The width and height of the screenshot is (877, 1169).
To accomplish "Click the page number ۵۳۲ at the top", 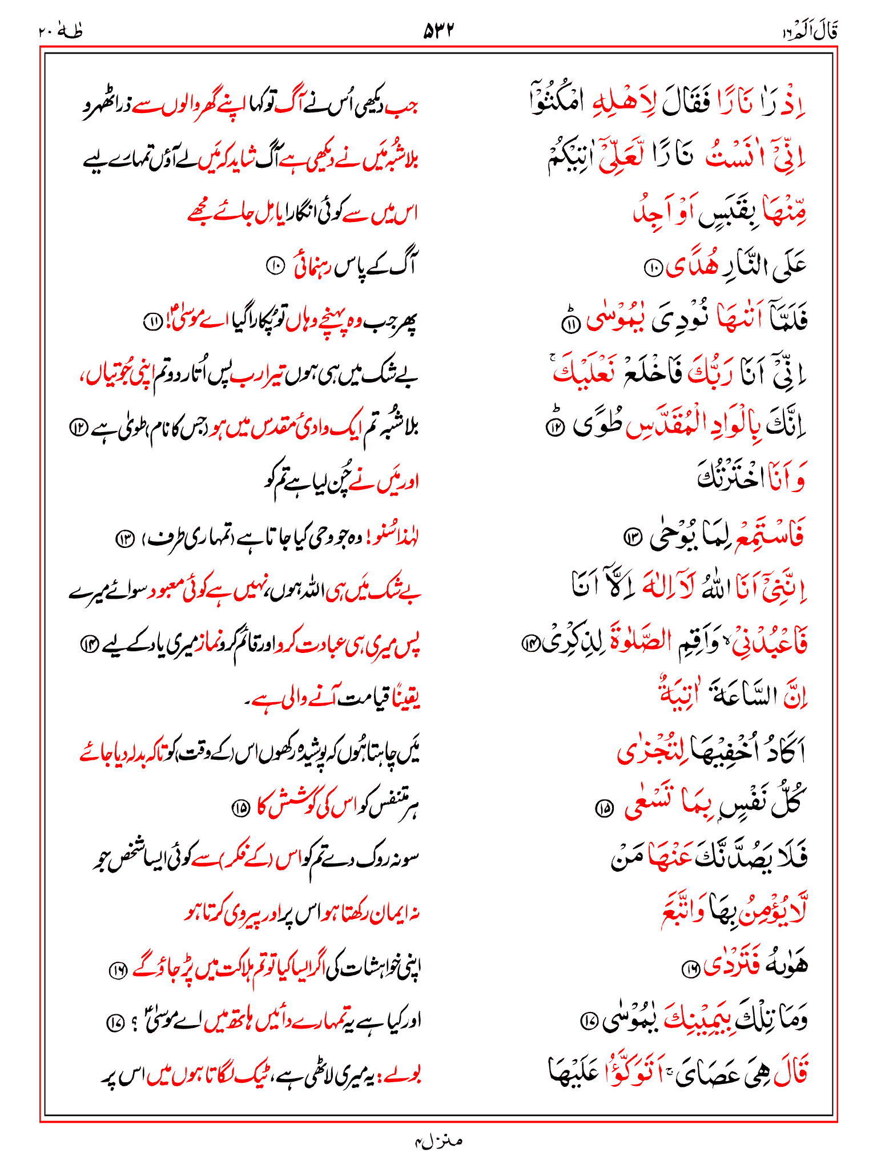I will click(438, 30).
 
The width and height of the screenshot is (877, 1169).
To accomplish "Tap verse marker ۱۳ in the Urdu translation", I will click(124, 538).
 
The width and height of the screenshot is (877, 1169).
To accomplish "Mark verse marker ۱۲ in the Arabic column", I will click(554, 428).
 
